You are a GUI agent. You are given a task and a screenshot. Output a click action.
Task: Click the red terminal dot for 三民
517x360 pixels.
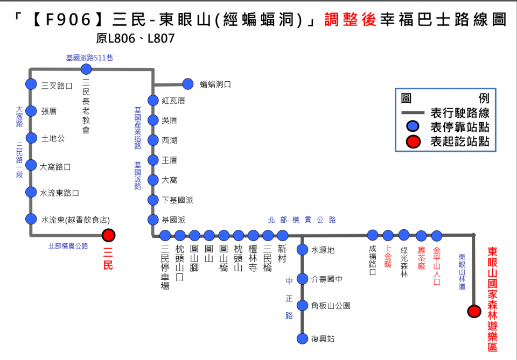coord(109,235)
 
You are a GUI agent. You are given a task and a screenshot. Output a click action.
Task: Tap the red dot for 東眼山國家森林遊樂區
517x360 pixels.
coord(474,311)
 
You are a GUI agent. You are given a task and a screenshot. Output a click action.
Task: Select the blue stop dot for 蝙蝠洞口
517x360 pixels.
coord(187,84)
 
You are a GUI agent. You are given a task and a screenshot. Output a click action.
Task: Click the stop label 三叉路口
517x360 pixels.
coord(57,85)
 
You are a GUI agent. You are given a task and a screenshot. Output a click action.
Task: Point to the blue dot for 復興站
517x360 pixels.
coord(302,338)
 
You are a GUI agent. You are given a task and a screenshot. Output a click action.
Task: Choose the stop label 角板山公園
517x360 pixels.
coord(331,306)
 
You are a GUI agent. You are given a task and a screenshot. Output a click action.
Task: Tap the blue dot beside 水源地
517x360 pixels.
coord(302,250)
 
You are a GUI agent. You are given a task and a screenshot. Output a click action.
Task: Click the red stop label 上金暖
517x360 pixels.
coord(388,257)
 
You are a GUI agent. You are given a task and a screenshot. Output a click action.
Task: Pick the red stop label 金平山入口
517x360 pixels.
coord(437,266)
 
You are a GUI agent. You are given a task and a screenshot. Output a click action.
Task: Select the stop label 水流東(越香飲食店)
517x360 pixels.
coord(75,220)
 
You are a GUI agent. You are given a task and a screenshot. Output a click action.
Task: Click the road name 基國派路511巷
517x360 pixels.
coord(89,58)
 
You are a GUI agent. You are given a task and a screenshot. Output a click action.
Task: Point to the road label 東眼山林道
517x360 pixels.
coord(462,272)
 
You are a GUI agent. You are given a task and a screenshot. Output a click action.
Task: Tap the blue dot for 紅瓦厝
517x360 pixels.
coord(153,101)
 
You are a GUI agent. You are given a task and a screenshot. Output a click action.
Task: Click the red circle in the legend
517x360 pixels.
coord(413,142)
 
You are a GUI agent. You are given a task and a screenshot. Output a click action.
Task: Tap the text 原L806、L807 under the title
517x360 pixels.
coord(136,39)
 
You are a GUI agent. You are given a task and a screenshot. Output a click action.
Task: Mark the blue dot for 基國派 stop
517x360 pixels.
coord(153,220)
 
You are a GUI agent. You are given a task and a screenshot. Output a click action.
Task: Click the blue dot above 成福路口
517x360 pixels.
coord(373,235)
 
